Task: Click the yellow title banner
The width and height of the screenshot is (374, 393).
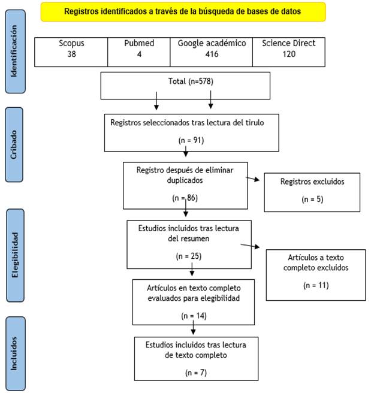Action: (x=183, y=12)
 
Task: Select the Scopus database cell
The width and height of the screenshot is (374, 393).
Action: (x=71, y=52)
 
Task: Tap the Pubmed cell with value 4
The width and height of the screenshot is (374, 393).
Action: (x=139, y=52)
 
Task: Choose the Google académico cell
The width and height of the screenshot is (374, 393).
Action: (x=212, y=52)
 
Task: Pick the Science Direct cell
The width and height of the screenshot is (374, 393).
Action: (x=289, y=52)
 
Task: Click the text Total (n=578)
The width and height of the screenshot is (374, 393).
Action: (x=191, y=81)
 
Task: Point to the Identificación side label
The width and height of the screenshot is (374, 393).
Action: (x=15, y=52)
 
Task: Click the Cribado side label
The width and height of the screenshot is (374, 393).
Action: (x=14, y=144)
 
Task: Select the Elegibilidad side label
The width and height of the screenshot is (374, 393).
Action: (x=16, y=255)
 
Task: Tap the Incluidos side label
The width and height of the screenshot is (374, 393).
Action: (x=16, y=353)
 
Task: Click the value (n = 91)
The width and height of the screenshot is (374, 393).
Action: (x=191, y=140)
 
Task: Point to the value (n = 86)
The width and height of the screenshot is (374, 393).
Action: (x=185, y=198)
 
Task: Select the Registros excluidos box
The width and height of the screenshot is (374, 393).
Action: (x=312, y=192)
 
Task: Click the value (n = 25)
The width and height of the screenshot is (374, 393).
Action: (x=189, y=256)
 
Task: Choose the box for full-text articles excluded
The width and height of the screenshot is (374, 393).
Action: (x=316, y=275)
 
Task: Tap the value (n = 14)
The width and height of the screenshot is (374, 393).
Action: (x=194, y=316)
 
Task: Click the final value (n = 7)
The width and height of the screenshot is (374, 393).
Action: (x=196, y=373)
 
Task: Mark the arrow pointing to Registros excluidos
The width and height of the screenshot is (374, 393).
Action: (x=252, y=179)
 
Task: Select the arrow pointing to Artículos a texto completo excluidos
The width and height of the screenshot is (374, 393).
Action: (x=250, y=246)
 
